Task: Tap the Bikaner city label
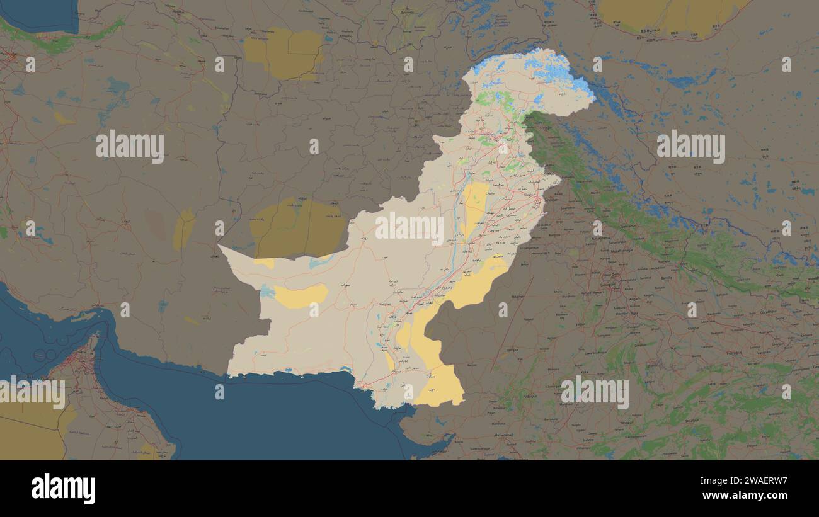(x=518, y=296)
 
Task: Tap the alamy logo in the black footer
(x=63, y=489)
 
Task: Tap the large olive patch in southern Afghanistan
(x=297, y=228)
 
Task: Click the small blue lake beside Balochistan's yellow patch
(x=267, y=292)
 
